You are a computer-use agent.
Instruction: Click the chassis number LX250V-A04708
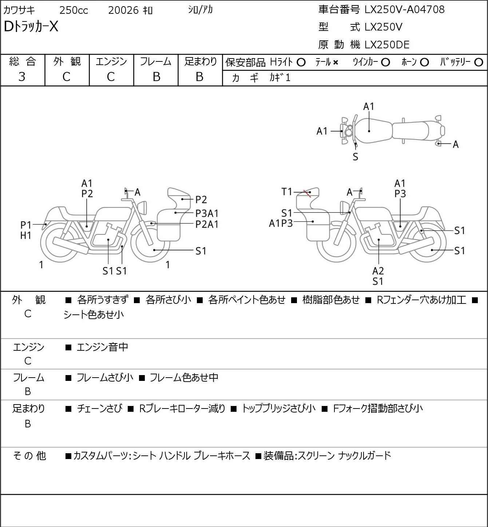[404, 9]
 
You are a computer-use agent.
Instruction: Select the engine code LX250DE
[387, 45]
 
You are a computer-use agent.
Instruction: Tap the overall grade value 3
[22, 77]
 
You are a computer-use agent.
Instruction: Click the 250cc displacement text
[74, 10]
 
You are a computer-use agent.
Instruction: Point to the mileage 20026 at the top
[123, 10]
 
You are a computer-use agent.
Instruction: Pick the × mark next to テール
[336, 63]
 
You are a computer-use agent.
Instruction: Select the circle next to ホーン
[424, 63]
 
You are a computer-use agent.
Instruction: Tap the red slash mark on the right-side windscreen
[308, 193]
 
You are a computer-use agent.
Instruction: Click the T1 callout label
[287, 192]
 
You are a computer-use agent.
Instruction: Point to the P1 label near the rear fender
[26, 225]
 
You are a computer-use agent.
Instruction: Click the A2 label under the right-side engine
[378, 271]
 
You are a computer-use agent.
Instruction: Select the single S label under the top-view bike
[356, 157]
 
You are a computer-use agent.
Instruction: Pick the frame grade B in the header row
[156, 77]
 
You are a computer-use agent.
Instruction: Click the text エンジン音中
[102, 347]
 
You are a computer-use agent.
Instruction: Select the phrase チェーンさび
[99, 409]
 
